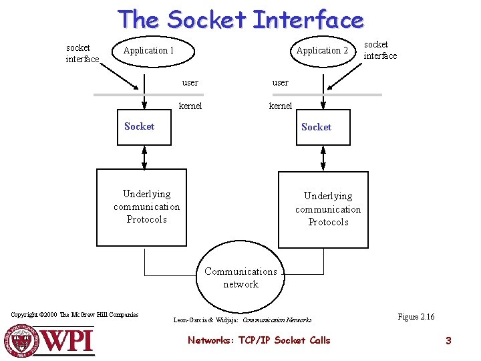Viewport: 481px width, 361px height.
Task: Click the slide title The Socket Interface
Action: pos(240,19)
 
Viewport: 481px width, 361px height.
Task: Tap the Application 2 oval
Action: pos(321,51)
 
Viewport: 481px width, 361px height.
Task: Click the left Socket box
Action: pos(144,126)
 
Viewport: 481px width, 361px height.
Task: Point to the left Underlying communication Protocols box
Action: pos(146,207)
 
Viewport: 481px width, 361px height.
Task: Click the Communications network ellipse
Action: pos(240,277)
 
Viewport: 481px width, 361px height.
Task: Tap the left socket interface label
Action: pos(82,53)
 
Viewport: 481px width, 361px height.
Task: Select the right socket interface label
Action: pos(379,50)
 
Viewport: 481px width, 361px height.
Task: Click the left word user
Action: pos(190,83)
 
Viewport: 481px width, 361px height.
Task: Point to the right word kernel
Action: pos(281,106)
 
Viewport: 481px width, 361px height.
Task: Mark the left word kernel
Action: pos(190,106)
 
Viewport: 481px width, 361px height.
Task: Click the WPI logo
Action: pos(50,340)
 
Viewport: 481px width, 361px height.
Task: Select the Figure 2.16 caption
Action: pos(416,317)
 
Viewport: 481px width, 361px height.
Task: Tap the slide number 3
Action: pos(448,341)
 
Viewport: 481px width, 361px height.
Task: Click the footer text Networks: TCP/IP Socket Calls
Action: pos(259,340)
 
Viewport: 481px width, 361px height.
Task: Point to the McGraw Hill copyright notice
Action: pos(75,314)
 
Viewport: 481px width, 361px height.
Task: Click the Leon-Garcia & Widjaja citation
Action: pos(243,320)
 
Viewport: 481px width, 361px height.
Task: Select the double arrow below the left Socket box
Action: pos(144,157)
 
